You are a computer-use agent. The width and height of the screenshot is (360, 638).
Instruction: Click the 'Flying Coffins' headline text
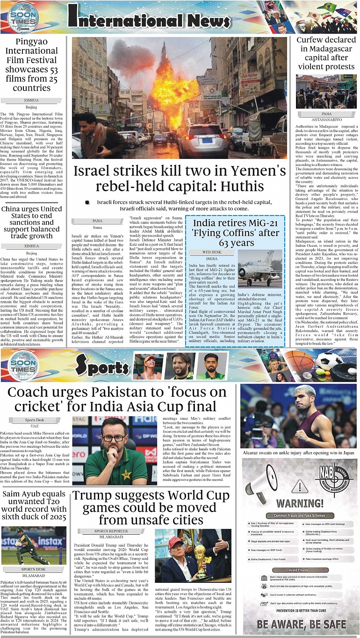[x=235, y=233]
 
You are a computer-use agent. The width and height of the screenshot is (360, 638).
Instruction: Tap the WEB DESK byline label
[x=211, y=252]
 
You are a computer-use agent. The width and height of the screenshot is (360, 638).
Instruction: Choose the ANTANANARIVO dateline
[x=325, y=119]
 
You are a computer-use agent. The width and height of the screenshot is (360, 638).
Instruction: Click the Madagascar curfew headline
[x=326, y=53]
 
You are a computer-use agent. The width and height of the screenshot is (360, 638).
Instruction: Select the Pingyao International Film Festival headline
[x=32, y=65]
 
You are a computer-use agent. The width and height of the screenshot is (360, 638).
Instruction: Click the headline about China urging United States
[x=32, y=222]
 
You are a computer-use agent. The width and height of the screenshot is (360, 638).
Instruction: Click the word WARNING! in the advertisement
[x=300, y=503]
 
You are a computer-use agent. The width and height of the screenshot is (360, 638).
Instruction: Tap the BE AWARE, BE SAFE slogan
[x=301, y=624]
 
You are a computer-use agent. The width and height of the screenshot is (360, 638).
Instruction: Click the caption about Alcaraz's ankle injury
[x=298, y=452]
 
